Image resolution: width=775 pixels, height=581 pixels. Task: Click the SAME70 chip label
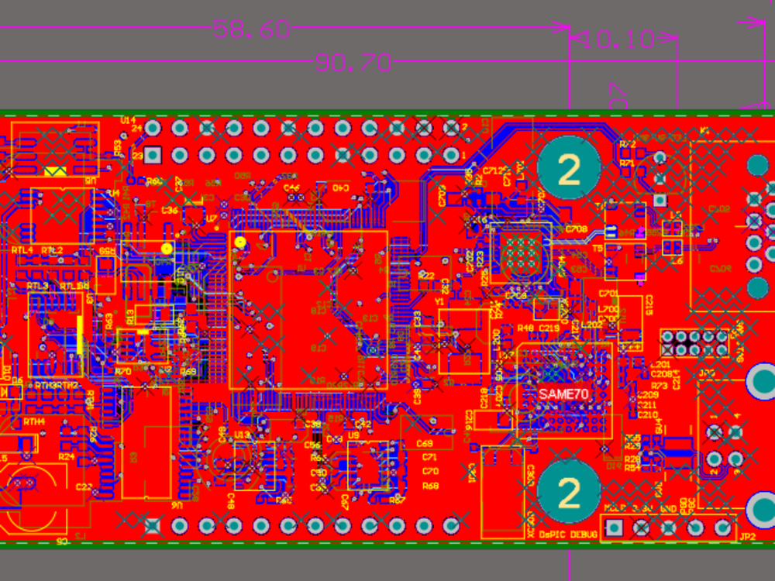pos(564,394)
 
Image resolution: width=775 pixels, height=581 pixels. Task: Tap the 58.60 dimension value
pos(252,30)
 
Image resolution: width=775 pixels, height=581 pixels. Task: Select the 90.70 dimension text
pos(352,63)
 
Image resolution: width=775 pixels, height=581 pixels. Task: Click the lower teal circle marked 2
pos(570,492)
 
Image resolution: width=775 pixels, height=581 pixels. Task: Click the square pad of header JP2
pos(615,528)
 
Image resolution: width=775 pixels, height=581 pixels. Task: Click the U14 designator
pos(128,120)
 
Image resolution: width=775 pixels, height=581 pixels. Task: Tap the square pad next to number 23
pos(153,155)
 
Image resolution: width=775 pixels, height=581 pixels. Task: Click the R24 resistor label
pos(66,457)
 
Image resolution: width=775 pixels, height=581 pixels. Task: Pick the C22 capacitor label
pos(84,486)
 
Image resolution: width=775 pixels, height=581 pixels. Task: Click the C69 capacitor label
pos(424,444)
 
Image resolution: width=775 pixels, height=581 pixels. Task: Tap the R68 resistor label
pos(430,486)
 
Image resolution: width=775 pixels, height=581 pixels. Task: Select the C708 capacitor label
pos(576,229)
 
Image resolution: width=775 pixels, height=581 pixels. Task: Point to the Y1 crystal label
pos(439,301)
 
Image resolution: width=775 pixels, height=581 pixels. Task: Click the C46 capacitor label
pos(291,187)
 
